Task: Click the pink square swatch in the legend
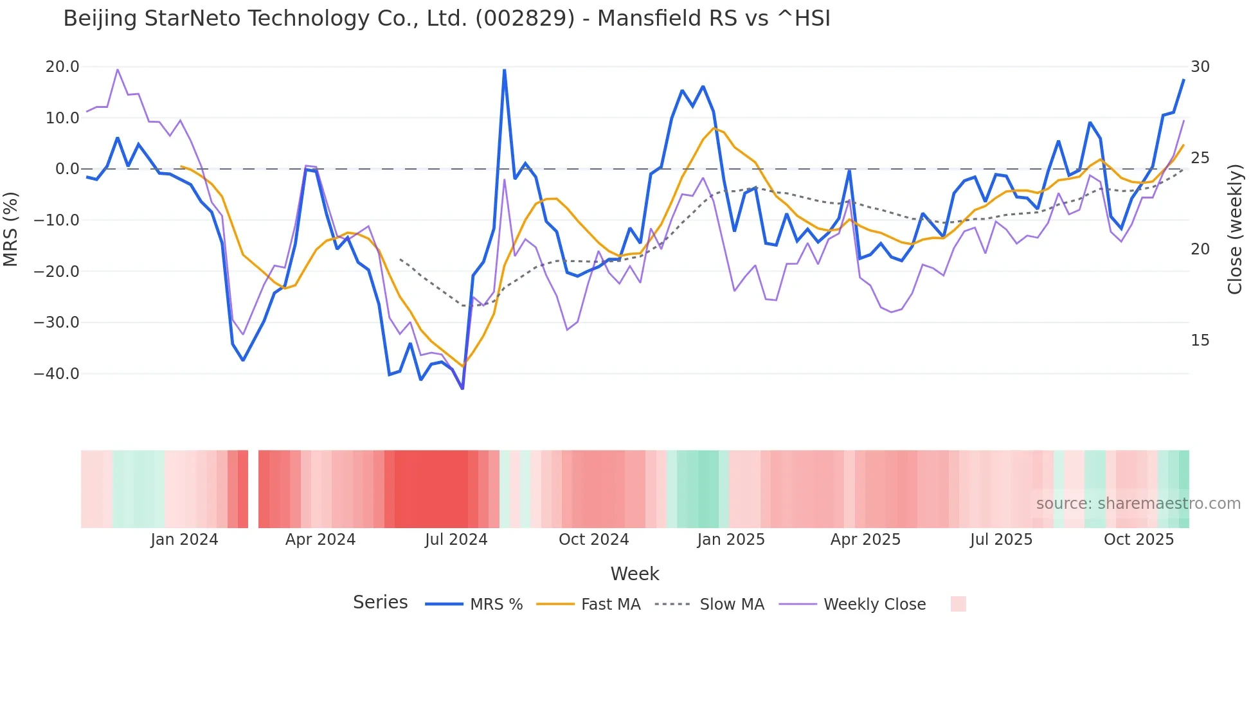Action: point(958,604)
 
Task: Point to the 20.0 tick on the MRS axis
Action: point(62,67)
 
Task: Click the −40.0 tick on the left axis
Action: point(57,374)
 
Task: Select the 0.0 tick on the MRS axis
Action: point(67,169)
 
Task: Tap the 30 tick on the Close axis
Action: point(1200,67)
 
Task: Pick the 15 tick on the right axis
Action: point(1200,341)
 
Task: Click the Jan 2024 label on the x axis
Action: point(184,540)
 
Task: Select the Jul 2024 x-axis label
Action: point(456,540)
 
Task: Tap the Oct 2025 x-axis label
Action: point(1138,540)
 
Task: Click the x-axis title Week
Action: point(634,574)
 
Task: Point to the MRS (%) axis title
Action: point(11,229)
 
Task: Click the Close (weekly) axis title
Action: point(1235,229)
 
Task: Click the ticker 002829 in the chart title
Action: point(525,19)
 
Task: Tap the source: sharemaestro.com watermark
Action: point(1138,504)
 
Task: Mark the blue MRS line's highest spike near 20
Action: point(504,70)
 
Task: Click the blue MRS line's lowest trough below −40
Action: point(462,388)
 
